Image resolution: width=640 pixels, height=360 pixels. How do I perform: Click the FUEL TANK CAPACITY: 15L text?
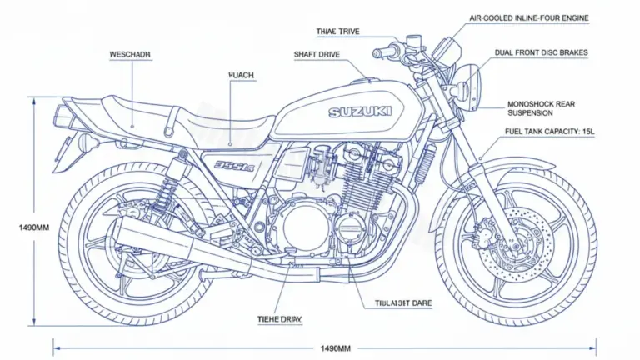click(x=549, y=132)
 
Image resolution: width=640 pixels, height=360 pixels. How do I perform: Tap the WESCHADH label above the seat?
click(x=131, y=54)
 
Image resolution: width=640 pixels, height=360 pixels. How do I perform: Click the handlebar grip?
click(x=385, y=52)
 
